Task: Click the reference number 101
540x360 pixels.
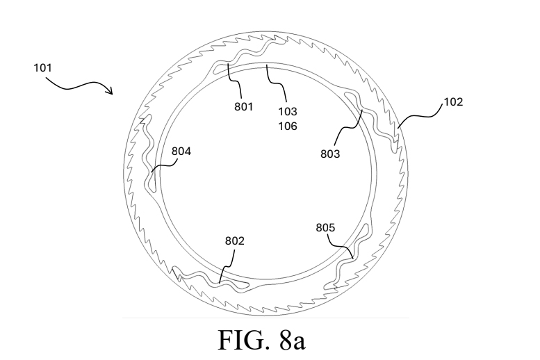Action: point(42,67)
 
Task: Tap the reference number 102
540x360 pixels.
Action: point(453,101)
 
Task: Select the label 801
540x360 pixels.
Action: point(243,107)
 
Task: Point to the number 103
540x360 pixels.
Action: point(288,111)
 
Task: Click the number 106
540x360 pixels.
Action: point(288,126)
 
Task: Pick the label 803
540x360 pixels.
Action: point(330,154)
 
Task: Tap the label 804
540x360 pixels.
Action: point(181,152)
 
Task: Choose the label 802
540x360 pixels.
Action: point(234,240)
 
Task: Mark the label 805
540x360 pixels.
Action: point(325,228)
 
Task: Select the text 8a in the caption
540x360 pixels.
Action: point(292,341)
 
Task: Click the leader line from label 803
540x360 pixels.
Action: point(348,128)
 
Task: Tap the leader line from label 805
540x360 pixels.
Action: point(340,246)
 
